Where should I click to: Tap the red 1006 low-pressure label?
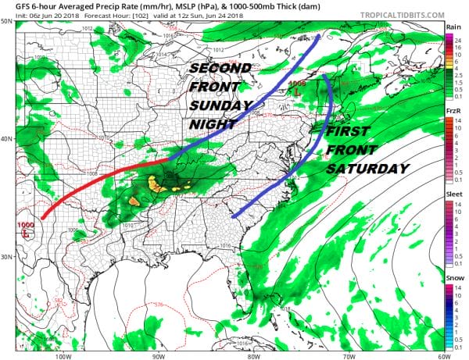coord(297,84)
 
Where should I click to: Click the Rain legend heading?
coord(453,27)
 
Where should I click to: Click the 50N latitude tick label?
coord(6,21)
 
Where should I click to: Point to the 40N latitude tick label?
coord(6,139)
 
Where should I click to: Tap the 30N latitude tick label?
coord(6,257)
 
